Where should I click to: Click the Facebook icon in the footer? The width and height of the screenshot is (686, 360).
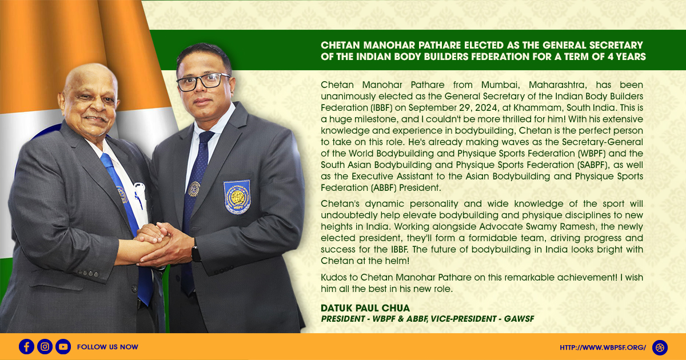26,346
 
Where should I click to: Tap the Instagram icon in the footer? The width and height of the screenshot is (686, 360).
45,346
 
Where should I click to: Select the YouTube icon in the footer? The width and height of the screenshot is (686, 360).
63,346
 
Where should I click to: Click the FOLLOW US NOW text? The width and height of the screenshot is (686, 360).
107,347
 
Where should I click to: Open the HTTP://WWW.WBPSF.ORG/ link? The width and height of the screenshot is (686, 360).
603,347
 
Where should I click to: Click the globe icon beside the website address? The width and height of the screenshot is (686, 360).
660,347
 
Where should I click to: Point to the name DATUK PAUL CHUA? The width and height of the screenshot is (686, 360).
365,308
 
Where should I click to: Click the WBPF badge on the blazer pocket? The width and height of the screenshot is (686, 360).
237,197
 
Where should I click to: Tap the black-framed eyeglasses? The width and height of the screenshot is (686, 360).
203,82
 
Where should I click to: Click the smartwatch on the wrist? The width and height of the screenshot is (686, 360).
196,254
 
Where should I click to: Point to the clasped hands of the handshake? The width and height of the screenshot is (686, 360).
156,244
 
